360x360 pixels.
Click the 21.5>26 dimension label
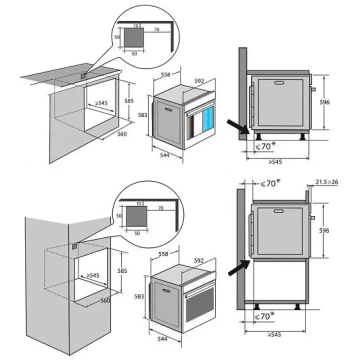(x=327, y=182)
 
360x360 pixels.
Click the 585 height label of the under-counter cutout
(x=129, y=100)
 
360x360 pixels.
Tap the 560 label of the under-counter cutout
(x=122, y=134)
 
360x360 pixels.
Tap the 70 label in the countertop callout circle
(x=157, y=30)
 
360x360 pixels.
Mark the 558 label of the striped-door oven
(x=166, y=254)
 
